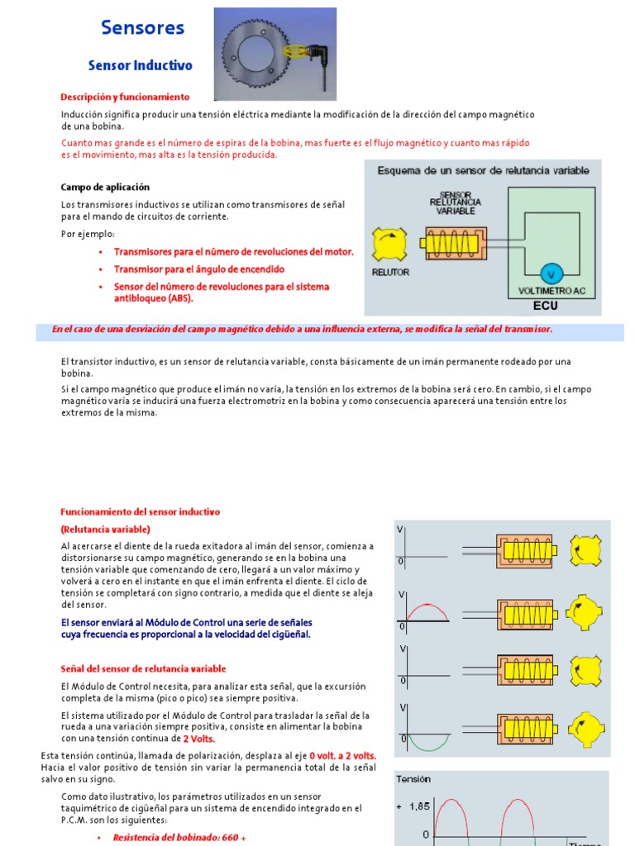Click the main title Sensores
142,27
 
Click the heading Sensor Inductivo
140,65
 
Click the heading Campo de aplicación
105,188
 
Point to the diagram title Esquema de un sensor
483,170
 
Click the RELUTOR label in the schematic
390,271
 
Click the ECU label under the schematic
546,306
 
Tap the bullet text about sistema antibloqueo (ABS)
221,292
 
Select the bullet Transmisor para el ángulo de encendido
198,269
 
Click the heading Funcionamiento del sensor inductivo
141,512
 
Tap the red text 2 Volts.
198,739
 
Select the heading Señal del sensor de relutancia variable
143,668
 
